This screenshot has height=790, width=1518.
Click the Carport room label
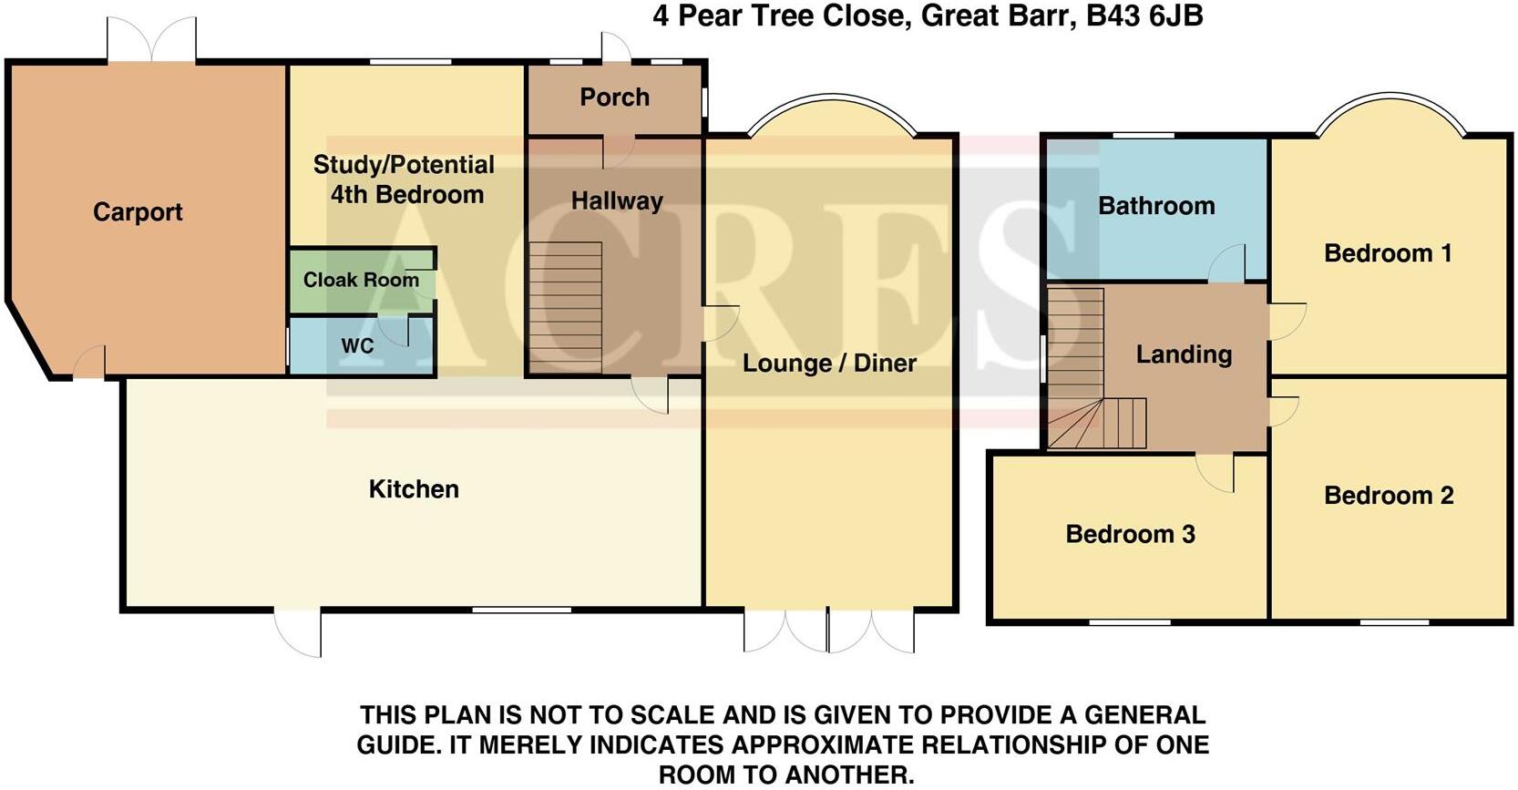tap(138, 212)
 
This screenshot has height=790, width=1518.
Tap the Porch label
tap(615, 97)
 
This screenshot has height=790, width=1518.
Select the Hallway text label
tap(617, 200)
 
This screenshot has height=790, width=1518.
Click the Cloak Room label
tap(361, 280)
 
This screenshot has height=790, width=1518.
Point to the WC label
tap(357, 346)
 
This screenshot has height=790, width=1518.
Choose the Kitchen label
tap(414, 489)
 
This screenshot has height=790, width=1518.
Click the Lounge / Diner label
tap(829, 363)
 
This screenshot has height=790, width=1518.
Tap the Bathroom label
tap(1156, 206)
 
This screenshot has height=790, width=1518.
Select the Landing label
tap(1184, 354)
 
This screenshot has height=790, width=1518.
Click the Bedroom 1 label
tap(1388, 253)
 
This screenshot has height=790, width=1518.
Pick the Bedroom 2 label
tap(1389, 496)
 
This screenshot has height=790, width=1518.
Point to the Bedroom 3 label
tap(1130, 534)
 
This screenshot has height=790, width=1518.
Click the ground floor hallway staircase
tap(565, 308)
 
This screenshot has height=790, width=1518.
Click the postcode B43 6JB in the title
tap(1145, 16)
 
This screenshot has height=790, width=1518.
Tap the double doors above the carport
tap(151, 41)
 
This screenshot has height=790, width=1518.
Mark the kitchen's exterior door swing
tap(299, 633)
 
